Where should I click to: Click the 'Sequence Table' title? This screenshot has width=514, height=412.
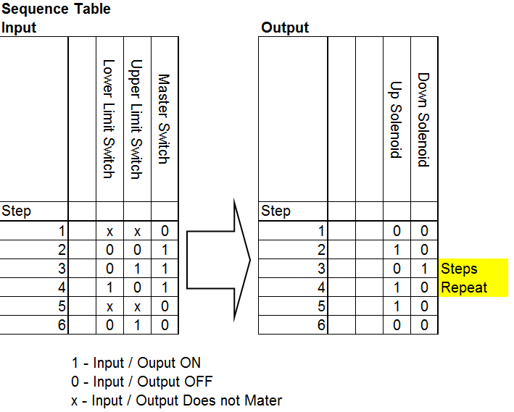point(57,9)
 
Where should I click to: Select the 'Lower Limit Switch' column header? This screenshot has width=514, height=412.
point(109,119)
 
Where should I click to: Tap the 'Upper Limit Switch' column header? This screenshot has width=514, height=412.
point(136,119)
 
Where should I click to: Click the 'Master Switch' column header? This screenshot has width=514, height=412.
point(164,119)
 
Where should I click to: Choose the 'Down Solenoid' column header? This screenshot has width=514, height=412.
point(423,119)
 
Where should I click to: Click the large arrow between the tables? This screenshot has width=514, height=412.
point(218,259)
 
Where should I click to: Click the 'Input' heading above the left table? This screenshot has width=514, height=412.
point(19,28)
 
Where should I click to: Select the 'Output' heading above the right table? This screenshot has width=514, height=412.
point(285,28)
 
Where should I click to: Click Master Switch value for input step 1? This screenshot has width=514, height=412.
point(165,232)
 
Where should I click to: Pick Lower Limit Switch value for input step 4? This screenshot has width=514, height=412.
point(109,287)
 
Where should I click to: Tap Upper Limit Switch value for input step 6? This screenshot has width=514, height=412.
point(137,325)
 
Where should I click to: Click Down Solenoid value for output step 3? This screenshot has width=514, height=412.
point(424,269)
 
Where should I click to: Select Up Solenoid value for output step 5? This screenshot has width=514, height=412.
point(397,306)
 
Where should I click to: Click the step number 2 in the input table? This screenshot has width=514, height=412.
point(62,251)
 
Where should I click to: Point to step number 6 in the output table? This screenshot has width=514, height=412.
point(321,325)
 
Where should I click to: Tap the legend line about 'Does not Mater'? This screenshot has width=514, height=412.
point(174,400)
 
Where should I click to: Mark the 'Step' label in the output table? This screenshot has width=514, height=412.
point(275,211)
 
